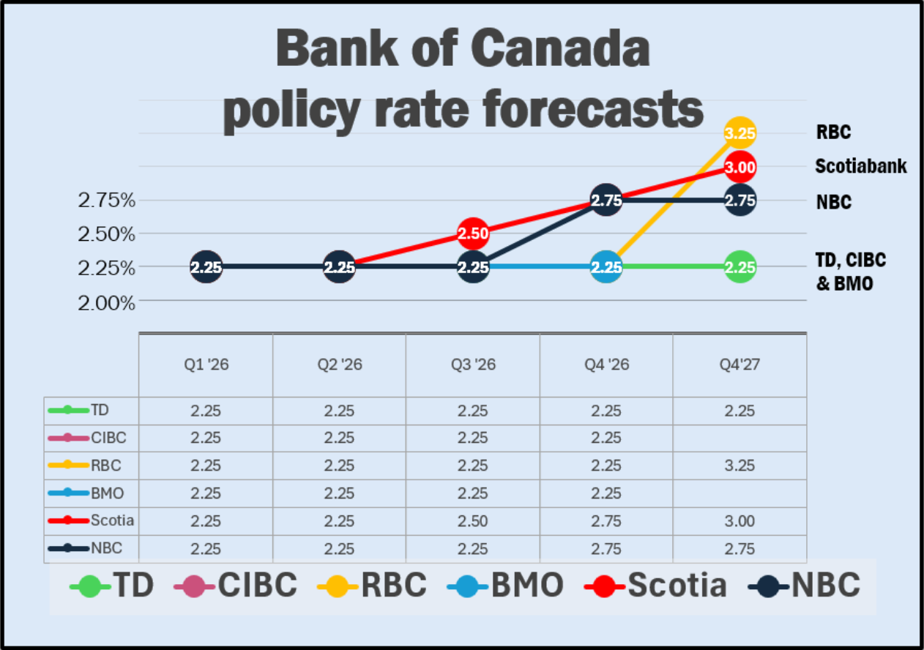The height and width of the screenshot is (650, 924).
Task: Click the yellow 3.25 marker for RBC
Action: (x=739, y=133)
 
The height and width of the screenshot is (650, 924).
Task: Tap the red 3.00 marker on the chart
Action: (x=739, y=167)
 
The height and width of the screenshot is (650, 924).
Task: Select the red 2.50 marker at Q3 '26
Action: (x=473, y=234)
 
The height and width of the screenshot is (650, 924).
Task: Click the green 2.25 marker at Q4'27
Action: (x=739, y=267)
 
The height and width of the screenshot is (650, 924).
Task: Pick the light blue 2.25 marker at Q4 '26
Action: (x=606, y=267)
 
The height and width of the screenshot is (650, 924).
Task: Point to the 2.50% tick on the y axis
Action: (x=106, y=234)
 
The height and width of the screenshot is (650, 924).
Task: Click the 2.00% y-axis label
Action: (x=106, y=302)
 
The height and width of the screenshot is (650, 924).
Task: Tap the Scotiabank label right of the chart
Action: (x=861, y=166)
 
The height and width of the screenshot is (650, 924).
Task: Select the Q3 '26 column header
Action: (x=472, y=365)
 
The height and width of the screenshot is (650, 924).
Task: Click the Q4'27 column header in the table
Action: (x=739, y=365)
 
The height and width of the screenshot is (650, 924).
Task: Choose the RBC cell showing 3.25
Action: (x=739, y=466)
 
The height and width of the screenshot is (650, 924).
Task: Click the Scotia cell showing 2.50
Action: (x=472, y=521)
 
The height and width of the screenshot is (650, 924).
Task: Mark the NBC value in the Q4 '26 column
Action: (x=606, y=548)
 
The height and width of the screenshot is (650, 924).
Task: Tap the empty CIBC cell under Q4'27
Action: (x=739, y=438)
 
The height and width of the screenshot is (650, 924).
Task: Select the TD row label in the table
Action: (x=100, y=410)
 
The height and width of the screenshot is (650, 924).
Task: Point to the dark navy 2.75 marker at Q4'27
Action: (x=739, y=201)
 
